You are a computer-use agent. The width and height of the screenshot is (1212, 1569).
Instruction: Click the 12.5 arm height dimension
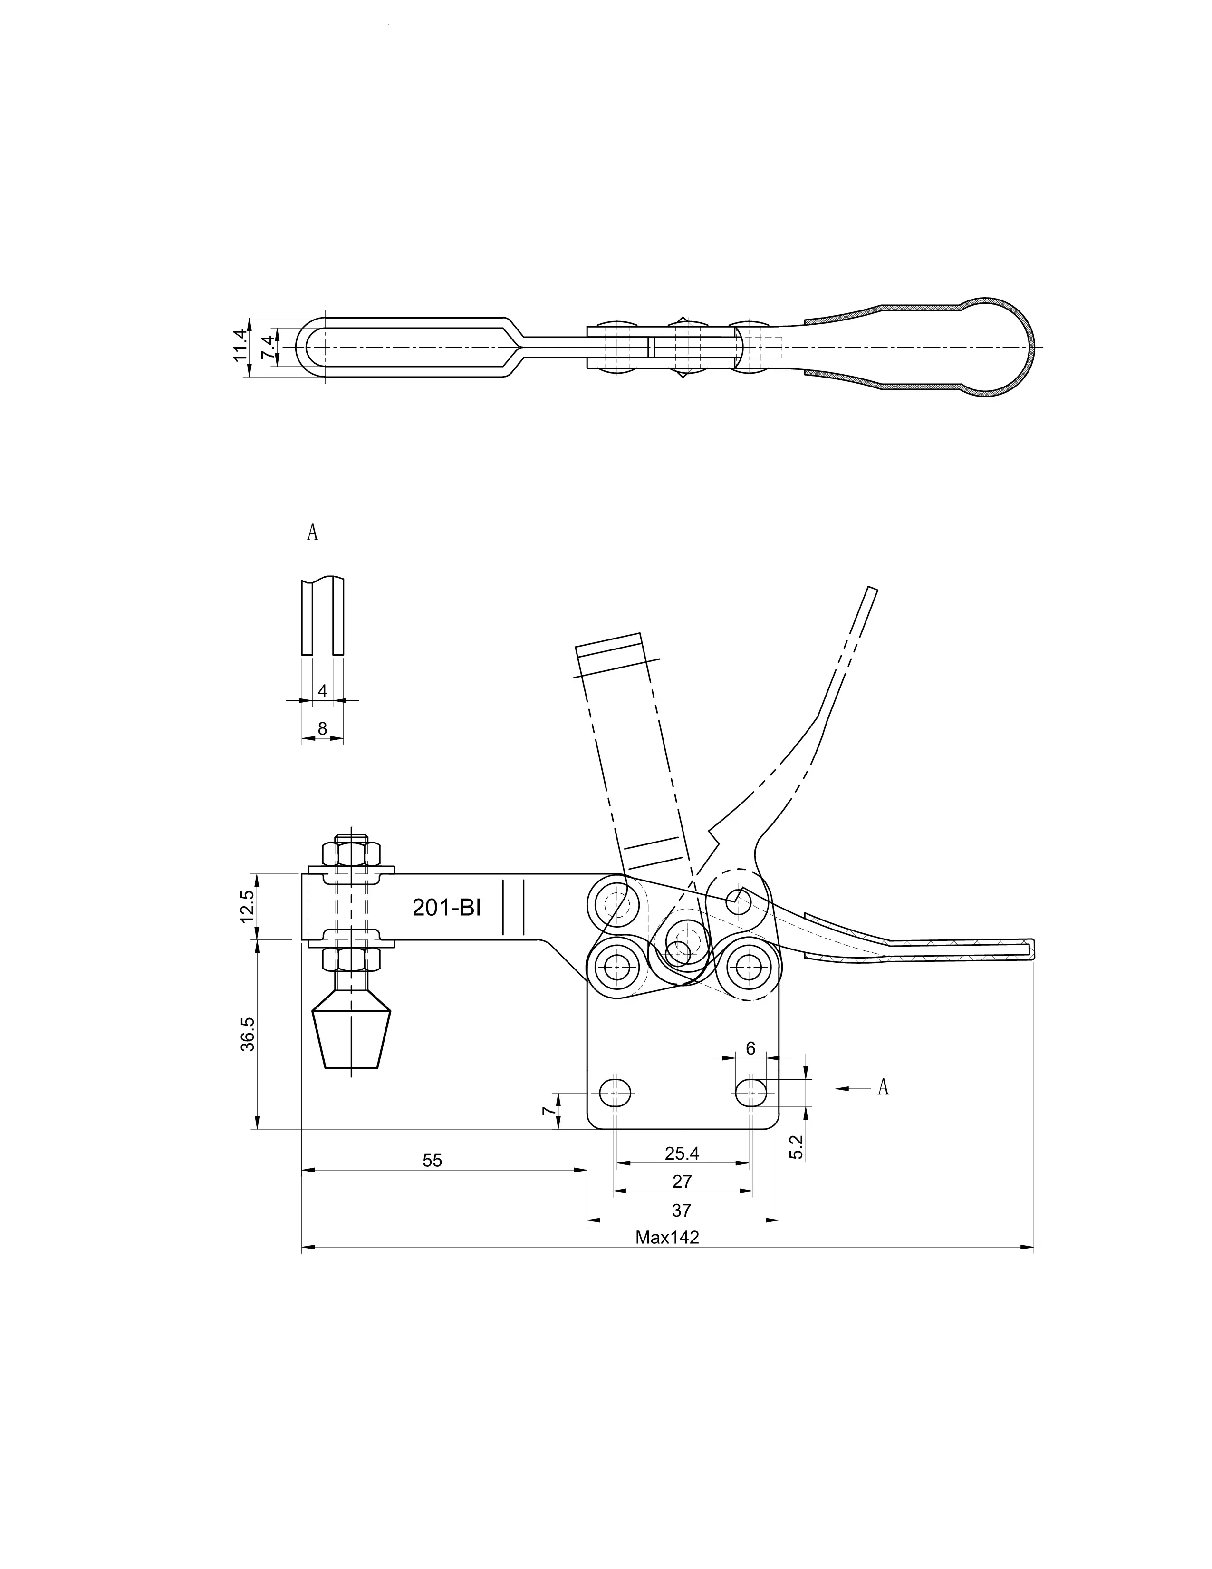click(x=248, y=907)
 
